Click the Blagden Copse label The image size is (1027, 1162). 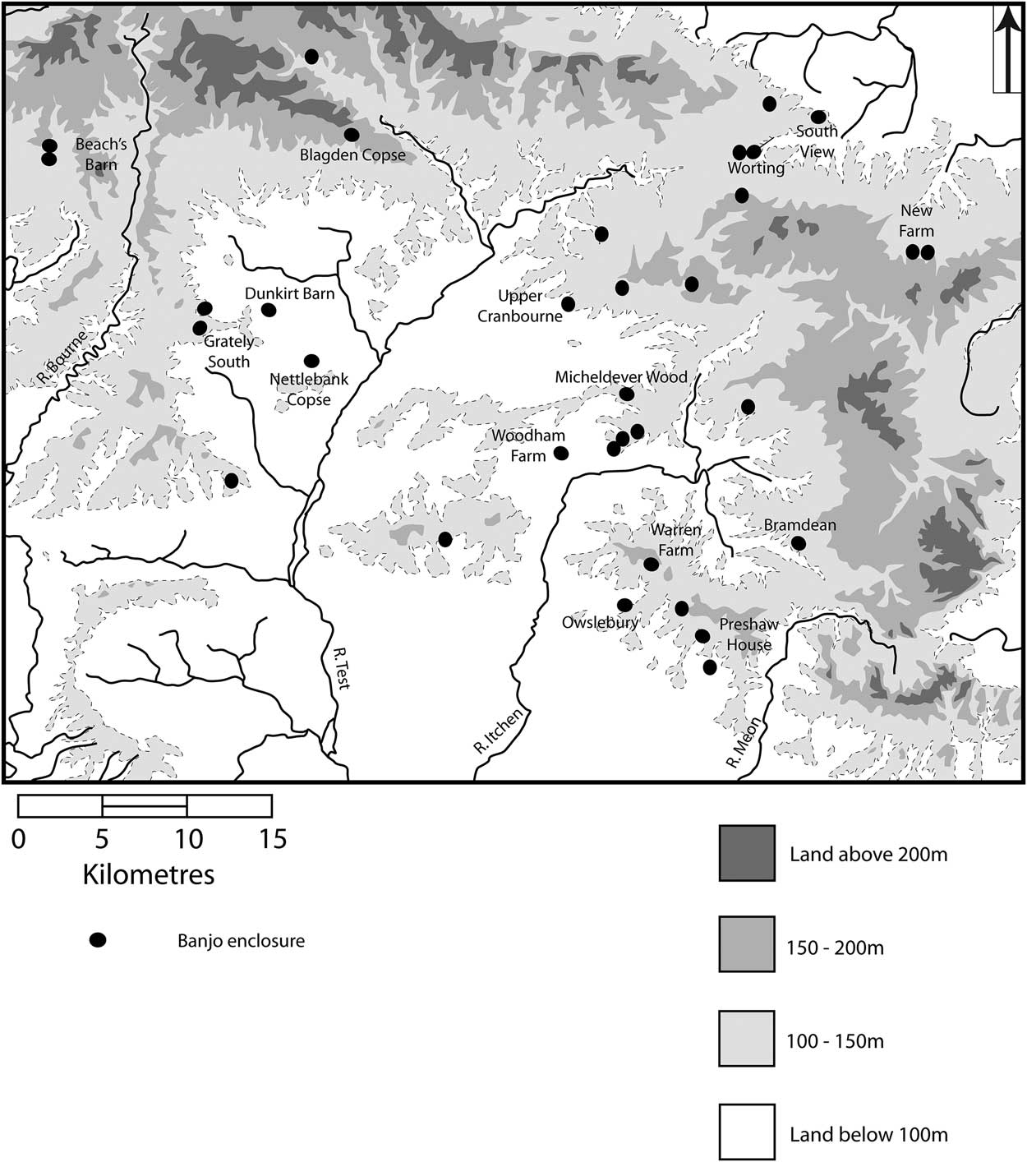click(x=352, y=154)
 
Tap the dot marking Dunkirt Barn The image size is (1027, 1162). click(x=268, y=310)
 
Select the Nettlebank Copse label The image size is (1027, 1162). click(x=309, y=390)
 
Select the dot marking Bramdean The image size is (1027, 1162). click(x=798, y=543)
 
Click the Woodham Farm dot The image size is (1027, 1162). click(x=561, y=453)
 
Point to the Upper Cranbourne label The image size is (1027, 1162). click(x=520, y=306)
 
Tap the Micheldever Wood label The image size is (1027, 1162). click(x=621, y=377)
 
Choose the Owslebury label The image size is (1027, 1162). click(x=600, y=622)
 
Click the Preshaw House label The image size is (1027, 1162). click(x=748, y=634)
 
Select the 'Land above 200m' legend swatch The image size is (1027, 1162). click(x=746, y=854)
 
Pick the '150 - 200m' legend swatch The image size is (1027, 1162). click(x=746, y=947)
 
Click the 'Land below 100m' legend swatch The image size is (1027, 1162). click(x=746, y=1133)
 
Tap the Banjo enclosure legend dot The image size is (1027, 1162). click(x=98, y=941)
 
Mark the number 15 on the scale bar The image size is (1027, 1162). click(x=274, y=840)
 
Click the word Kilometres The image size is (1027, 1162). click(x=149, y=874)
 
